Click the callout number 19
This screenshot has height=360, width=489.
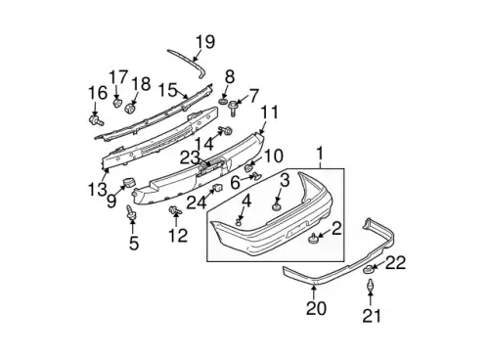205,42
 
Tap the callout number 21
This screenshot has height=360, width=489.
372,316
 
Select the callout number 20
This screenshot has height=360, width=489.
316,308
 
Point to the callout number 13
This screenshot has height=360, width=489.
98,189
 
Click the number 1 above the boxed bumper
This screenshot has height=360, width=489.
320,154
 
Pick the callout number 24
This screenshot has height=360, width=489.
197,202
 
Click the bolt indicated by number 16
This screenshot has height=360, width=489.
95,120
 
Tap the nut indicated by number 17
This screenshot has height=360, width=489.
116,103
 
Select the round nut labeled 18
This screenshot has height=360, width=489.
130,108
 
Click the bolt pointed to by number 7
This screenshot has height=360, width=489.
233,108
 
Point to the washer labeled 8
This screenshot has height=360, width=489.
223,102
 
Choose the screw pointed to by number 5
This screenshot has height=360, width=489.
131,212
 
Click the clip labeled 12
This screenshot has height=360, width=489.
175,210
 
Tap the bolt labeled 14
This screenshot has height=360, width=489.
226,130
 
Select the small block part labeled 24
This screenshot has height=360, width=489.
217,188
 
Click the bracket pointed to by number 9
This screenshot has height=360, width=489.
129,182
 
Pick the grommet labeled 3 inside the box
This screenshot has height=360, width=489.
277,207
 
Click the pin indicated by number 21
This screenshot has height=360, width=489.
371,285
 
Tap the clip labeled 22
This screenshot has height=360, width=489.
369,269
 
